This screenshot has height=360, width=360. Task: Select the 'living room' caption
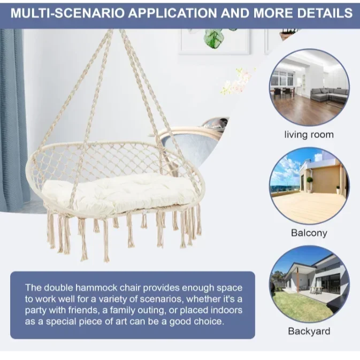pyautogui.click(x=309, y=135)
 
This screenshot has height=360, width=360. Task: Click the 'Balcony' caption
pyautogui.click(x=309, y=233)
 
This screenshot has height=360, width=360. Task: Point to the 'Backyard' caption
pyautogui.click(x=309, y=331)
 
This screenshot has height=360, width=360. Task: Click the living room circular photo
pyautogui.click(x=309, y=88)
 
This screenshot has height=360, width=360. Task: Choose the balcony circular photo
pyautogui.click(x=309, y=186)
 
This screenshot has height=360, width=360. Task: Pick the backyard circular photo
pyautogui.click(x=309, y=284)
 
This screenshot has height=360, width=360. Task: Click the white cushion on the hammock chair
pyautogui.click(x=120, y=192)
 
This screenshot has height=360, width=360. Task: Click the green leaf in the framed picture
pyautogui.click(x=214, y=39)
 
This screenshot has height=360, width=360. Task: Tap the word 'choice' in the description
pyautogui.click(x=209, y=321)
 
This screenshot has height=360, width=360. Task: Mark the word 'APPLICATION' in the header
pyautogui.click(x=172, y=13)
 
